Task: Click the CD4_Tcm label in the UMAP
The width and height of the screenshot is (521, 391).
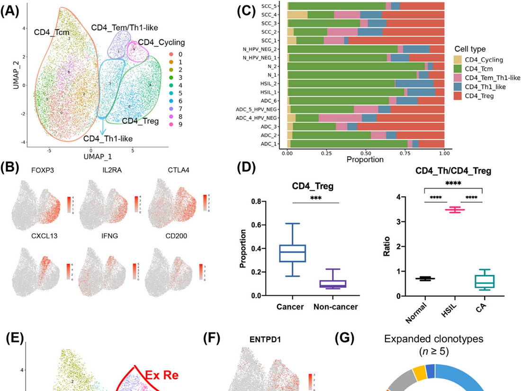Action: (52, 33)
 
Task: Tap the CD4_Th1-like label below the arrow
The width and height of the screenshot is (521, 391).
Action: (108, 138)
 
